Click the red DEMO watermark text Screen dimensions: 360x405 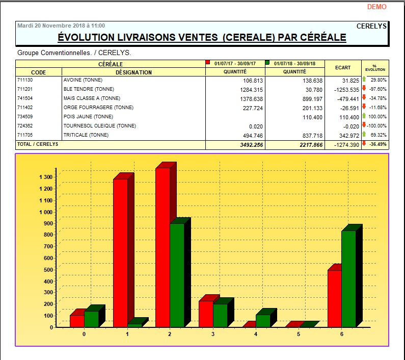(376, 7)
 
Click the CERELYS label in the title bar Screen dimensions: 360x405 (371, 25)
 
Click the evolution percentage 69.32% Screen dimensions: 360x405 (378, 135)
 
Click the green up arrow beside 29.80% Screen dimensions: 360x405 (364, 80)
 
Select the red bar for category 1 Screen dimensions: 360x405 (120, 252)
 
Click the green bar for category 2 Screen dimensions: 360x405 (177, 275)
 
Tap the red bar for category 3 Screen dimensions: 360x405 (206, 314)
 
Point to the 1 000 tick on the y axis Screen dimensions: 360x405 (45, 212)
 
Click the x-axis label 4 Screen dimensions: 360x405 (256, 334)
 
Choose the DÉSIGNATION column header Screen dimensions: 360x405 (133, 72)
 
